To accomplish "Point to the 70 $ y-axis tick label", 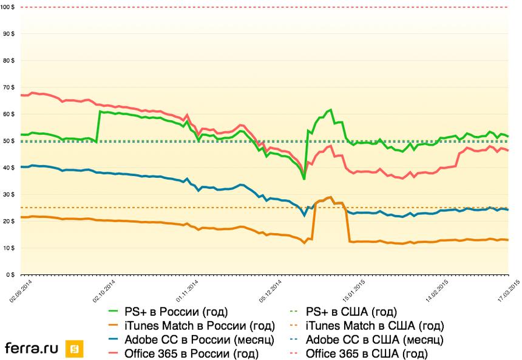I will coord(9,87).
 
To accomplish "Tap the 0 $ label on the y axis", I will coord(11,275).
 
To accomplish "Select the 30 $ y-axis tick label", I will coord(9,194).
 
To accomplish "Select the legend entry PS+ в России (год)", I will coord(176,313).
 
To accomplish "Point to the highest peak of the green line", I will coord(330,110).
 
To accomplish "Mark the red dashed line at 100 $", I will coord(261,7).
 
